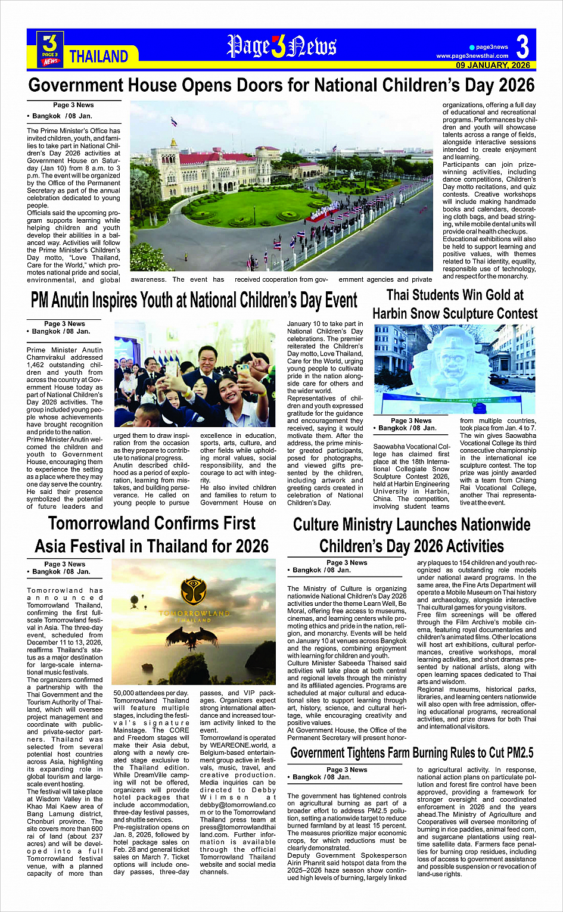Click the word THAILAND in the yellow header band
[99, 57]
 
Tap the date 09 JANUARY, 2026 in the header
[493, 65]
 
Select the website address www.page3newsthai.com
[472, 56]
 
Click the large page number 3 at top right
[522, 46]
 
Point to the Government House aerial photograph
[281, 186]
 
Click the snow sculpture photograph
[455, 369]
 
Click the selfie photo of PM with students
[194, 373]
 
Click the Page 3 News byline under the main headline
[73, 105]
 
